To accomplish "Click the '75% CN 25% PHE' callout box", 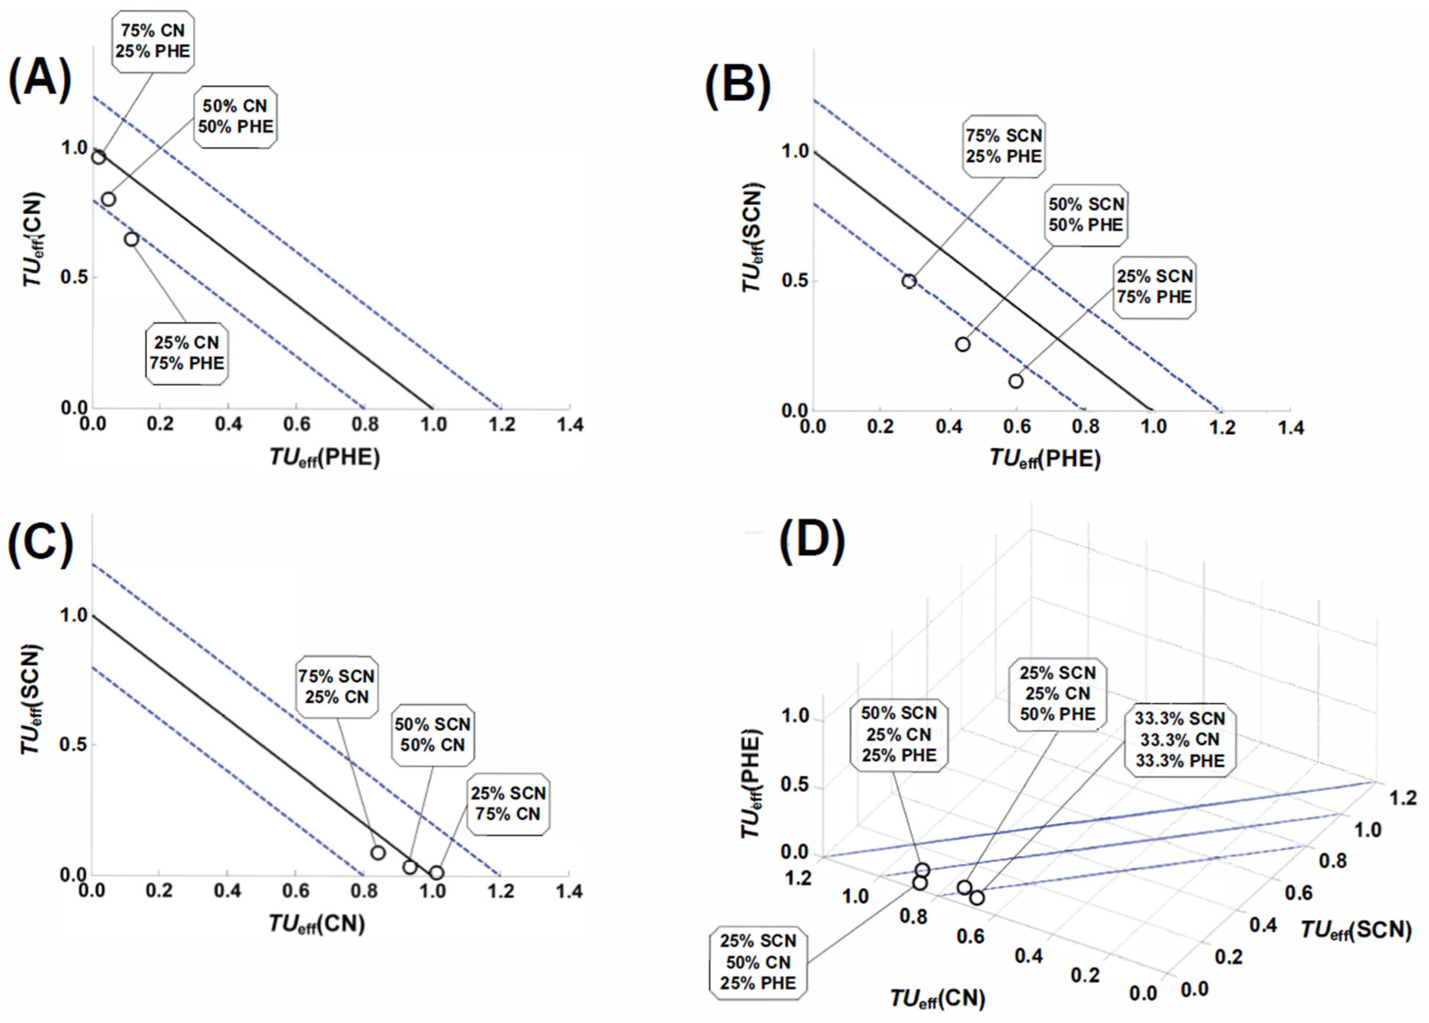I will (x=153, y=41).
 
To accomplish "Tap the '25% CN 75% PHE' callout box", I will (x=187, y=353).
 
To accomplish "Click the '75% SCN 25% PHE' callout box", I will (x=1004, y=146).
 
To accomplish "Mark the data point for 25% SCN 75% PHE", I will (x=1016, y=381).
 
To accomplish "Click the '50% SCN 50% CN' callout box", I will (x=433, y=734).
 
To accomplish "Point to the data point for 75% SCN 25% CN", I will (x=378, y=853).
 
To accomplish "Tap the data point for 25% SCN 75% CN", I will (x=436, y=873).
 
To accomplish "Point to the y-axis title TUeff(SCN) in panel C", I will (x=31, y=699).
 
